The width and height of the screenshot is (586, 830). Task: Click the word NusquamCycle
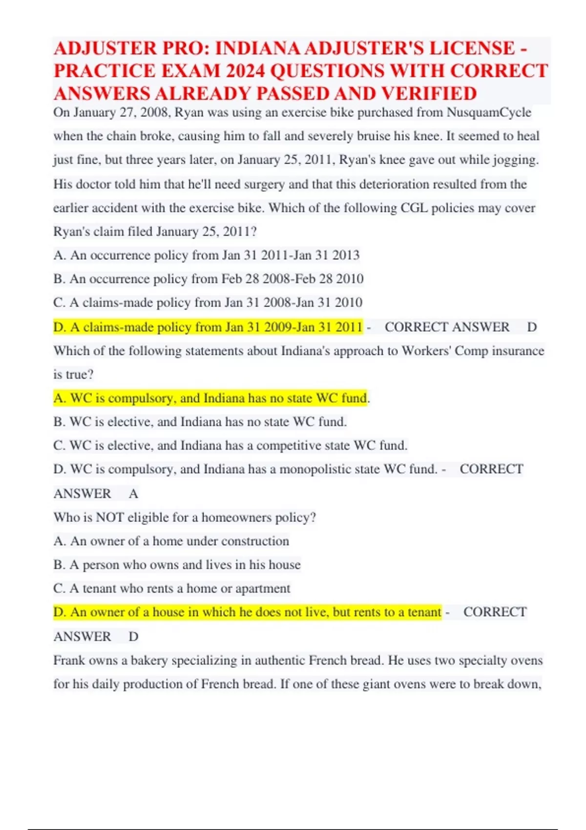489,112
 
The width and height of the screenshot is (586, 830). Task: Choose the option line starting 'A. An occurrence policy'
206,255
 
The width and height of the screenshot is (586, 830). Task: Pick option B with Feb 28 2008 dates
209,279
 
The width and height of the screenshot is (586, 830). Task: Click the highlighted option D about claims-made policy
209,327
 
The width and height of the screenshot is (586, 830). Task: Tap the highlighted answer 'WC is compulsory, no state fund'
210,398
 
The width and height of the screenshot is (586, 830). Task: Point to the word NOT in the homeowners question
109,517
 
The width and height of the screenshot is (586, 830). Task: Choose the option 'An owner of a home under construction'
171,541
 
